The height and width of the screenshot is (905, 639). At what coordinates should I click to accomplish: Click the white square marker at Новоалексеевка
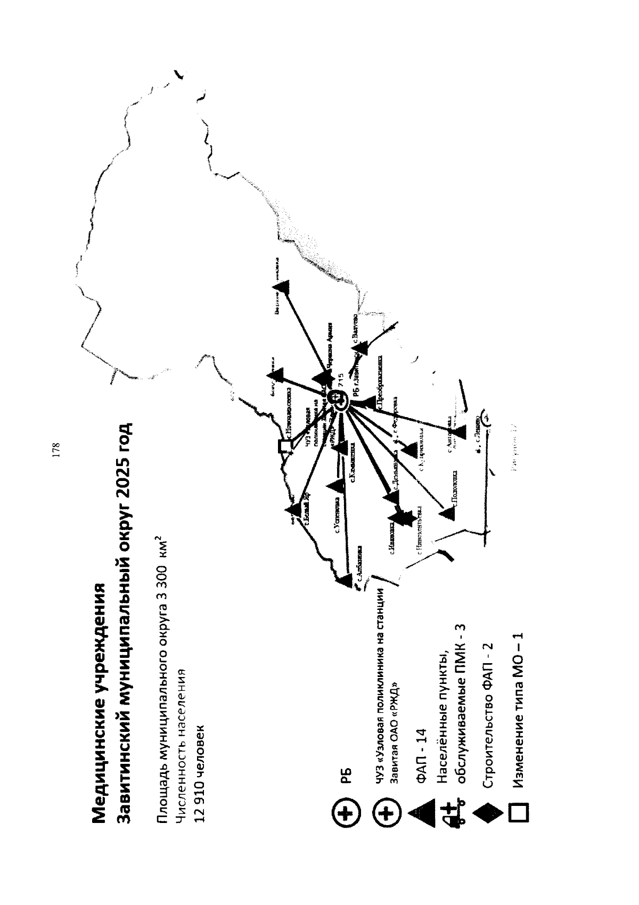[x=286, y=445]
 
